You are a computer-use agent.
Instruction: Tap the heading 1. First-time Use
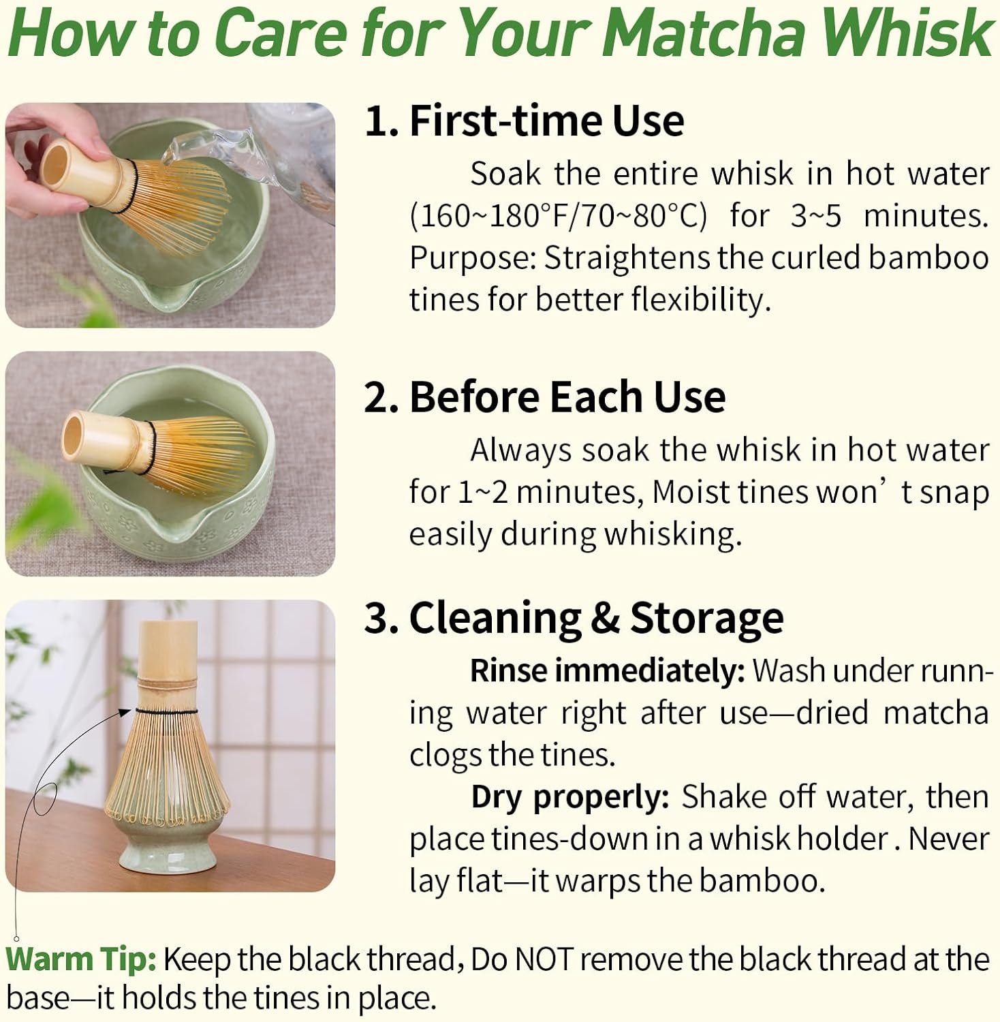[x=525, y=121]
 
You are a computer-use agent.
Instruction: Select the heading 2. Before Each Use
[x=545, y=397]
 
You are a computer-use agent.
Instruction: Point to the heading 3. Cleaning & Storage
[x=574, y=619]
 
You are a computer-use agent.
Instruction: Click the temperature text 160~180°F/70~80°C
[x=559, y=217]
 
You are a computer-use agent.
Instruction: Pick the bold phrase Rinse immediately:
[x=608, y=671]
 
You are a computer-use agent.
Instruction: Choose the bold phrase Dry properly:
[x=570, y=798]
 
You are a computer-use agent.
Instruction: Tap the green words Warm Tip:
[x=82, y=959]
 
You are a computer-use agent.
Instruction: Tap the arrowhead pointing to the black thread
[x=125, y=711]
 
